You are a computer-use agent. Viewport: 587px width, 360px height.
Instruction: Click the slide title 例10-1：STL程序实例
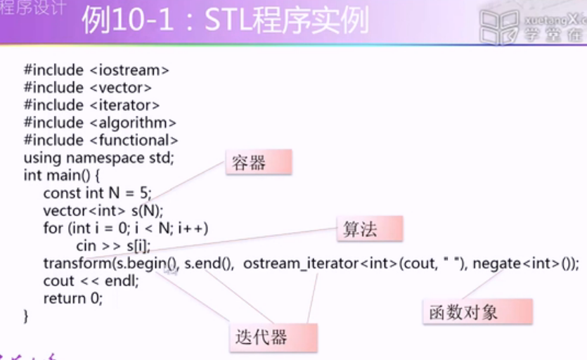pyautogui.click(x=225, y=21)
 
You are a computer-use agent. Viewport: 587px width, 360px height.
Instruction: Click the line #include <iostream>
pyautogui.click(x=96, y=70)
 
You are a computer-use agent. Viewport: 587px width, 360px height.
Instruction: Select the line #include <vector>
pyautogui.click(x=88, y=88)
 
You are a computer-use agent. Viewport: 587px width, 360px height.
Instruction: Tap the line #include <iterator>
pyautogui.click(x=91, y=105)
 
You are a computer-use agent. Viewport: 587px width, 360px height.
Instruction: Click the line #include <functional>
pyautogui.click(x=101, y=141)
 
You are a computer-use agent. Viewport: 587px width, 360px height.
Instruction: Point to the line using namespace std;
pyautogui.click(x=98, y=157)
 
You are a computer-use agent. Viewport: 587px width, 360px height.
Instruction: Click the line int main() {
pyautogui.click(x=63, y=175)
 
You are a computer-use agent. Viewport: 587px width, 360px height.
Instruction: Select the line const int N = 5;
pyautogui.click(x=97, y=193)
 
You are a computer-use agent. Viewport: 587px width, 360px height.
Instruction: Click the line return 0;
pyautogui.click(x=73, y=298)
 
